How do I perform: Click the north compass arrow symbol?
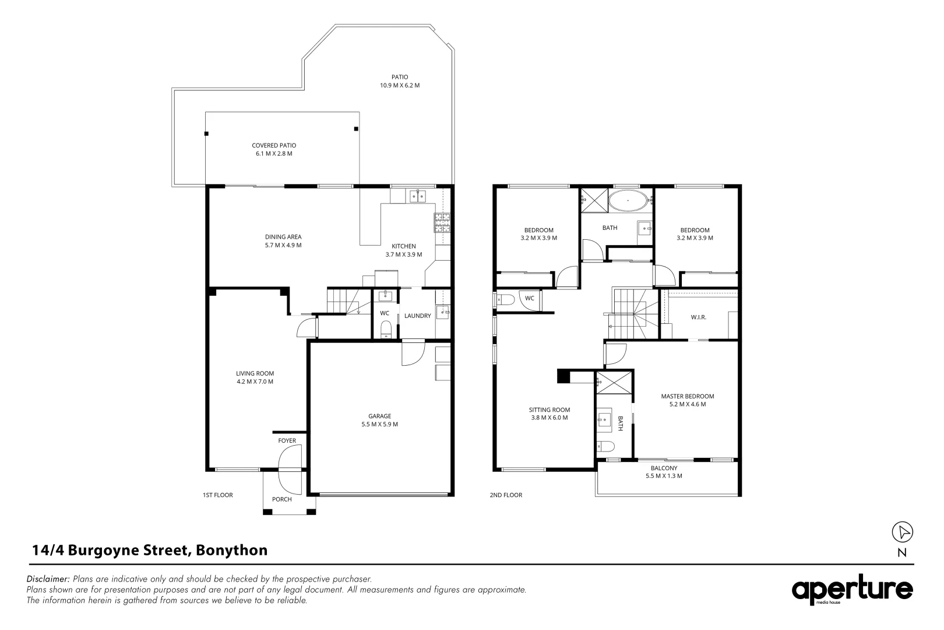[902, 532]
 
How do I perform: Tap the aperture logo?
[852, 589]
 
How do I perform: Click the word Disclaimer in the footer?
[48, 579]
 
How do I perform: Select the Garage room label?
[380, 416]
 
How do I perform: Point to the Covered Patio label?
[274, 146]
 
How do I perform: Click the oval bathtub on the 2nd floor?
[628, 201]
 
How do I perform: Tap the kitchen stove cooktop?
[442, 223]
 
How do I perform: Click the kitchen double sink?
[418, 196]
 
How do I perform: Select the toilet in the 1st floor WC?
[386, 329]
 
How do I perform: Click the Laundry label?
[418, 316]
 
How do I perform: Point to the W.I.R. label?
[698, 317]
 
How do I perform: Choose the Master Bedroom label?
[688, 396]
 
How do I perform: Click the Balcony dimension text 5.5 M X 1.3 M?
[664, 476]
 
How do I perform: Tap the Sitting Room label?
[549, 409]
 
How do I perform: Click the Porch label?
[282, 499]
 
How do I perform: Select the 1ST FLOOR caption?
[218, 495]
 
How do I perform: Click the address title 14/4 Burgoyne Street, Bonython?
[150, 550]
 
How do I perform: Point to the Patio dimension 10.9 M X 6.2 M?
[400, 85]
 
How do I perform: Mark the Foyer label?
[287, 440]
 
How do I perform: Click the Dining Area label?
[283, 237]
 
